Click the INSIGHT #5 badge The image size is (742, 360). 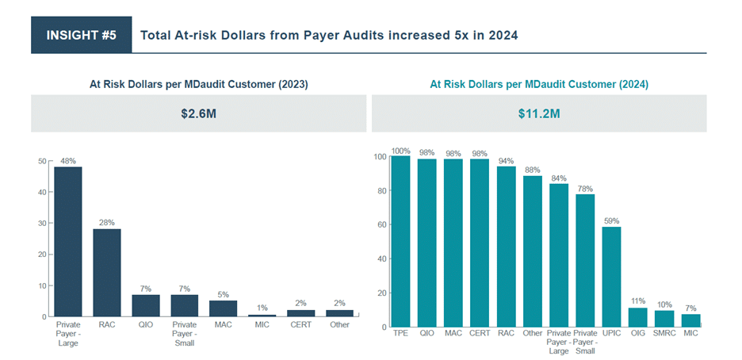82,36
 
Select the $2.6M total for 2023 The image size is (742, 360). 199,113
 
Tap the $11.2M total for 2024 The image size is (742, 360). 539,113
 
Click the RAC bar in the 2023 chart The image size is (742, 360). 106,272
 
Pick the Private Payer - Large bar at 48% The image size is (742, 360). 67,241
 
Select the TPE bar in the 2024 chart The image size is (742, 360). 401,241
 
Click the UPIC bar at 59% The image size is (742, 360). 611,277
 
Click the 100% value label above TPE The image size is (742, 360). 401,150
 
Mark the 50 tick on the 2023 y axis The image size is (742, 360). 42,161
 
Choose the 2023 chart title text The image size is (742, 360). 199,83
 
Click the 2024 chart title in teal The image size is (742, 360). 539,83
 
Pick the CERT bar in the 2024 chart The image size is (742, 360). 480,243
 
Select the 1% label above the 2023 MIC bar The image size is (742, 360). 262,308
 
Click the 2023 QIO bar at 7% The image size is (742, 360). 145,305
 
